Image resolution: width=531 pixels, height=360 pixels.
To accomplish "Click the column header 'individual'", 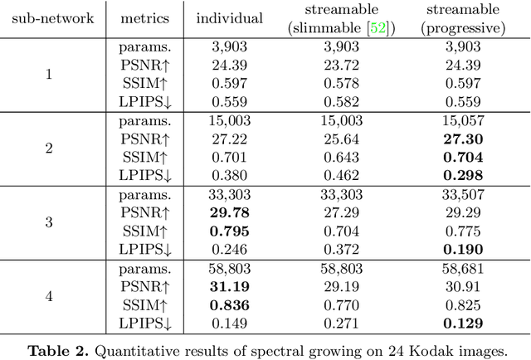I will coord(230,18).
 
